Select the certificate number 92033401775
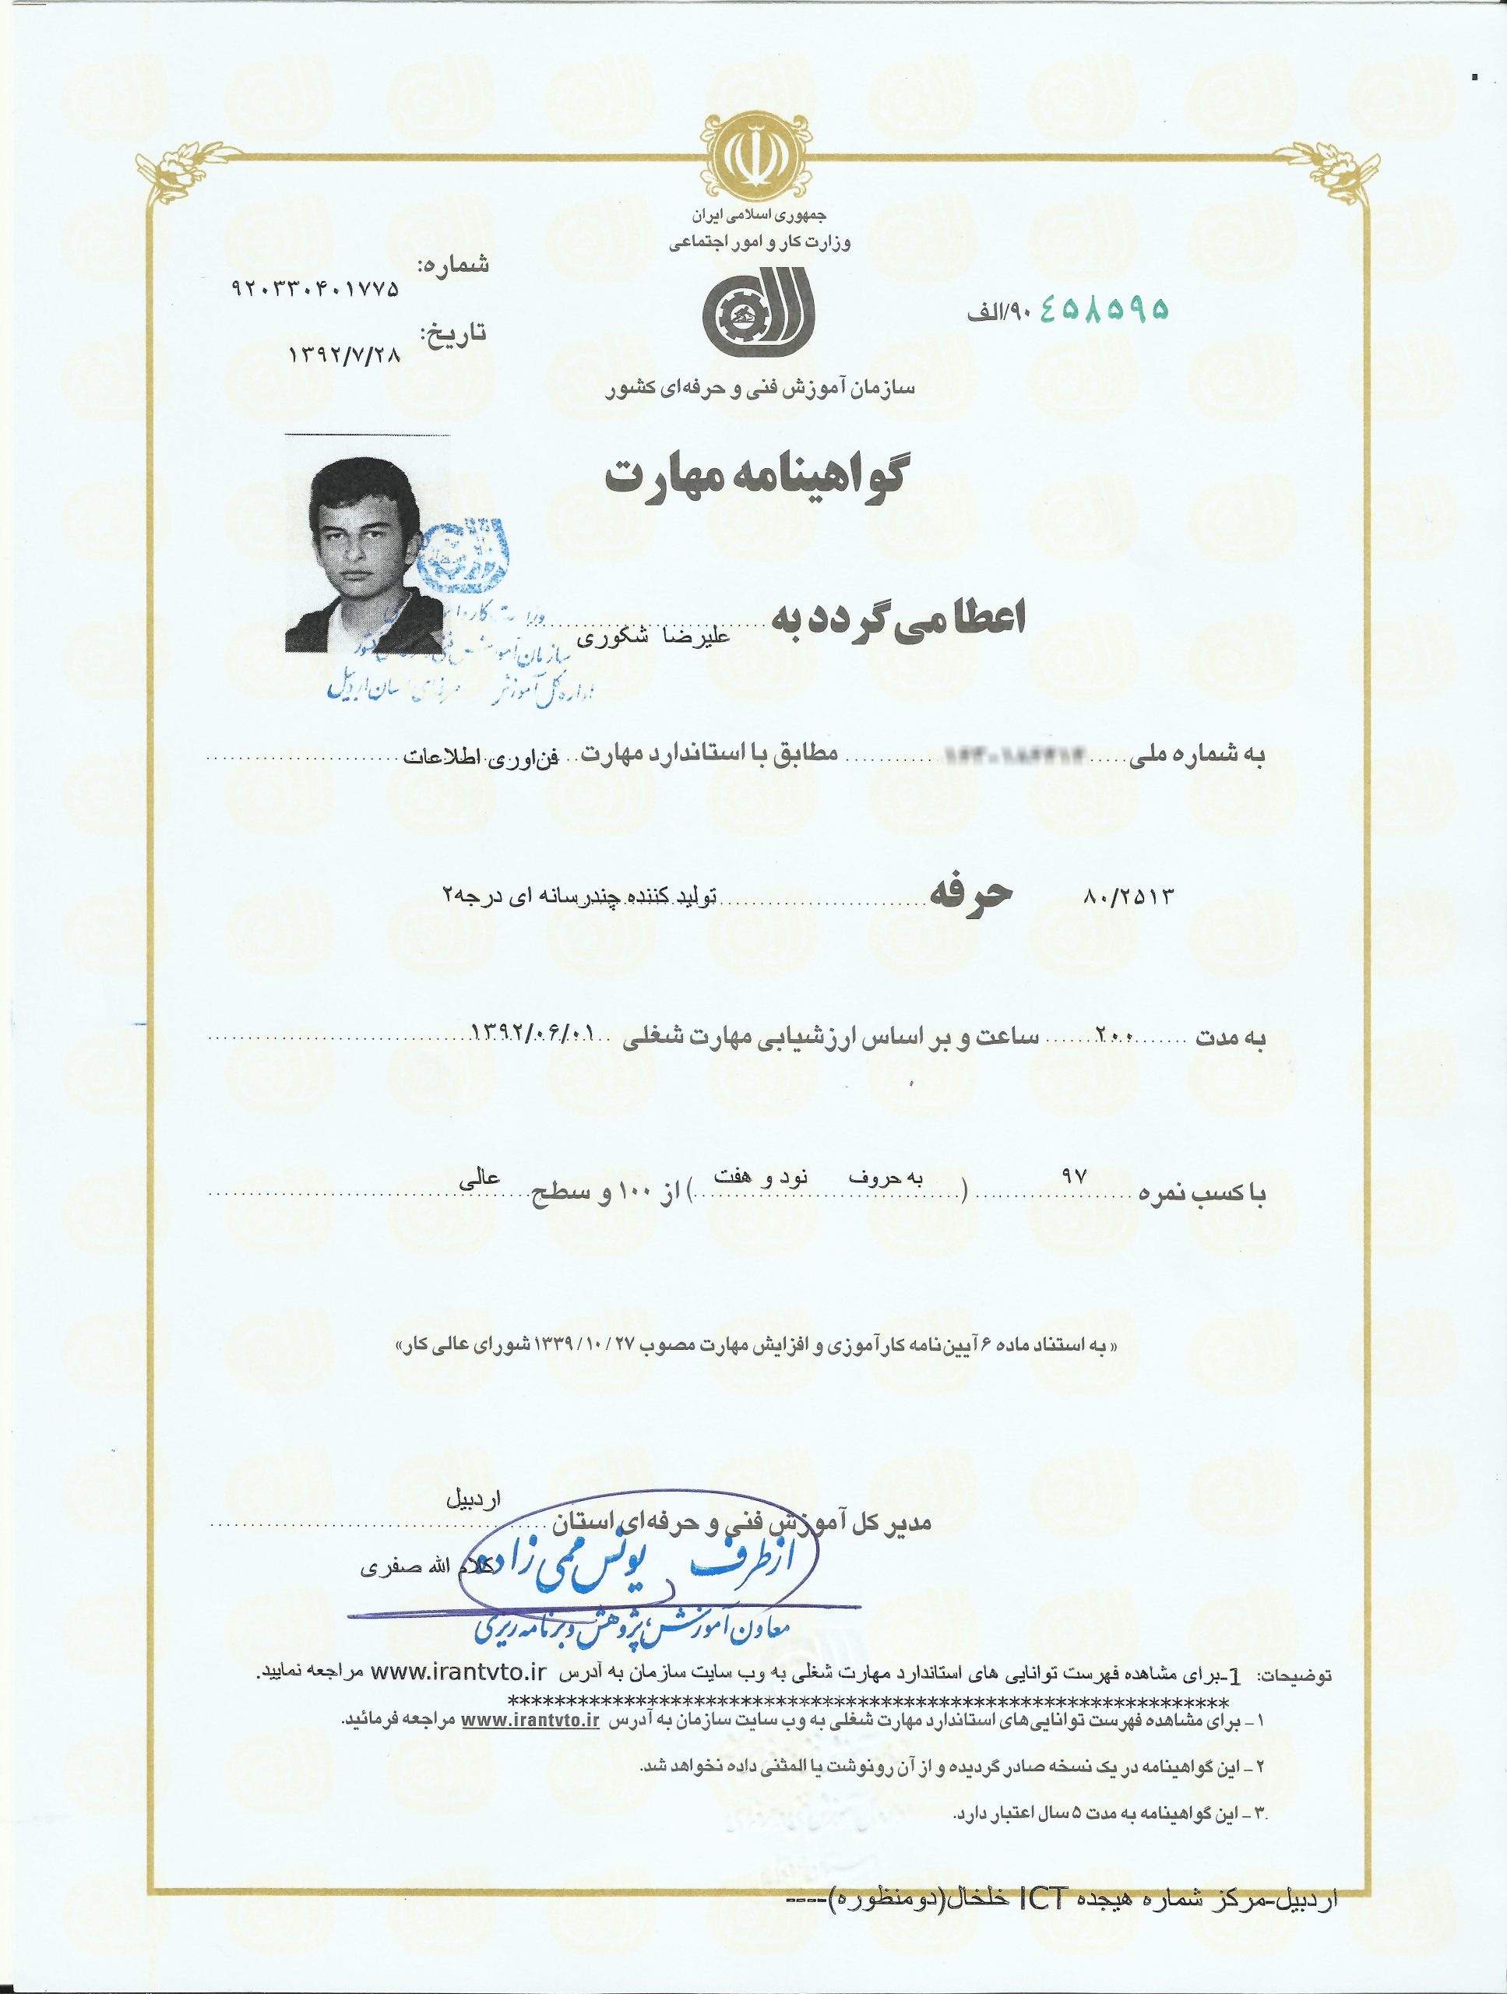[x=315, y=291]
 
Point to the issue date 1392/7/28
[x=343, y=354]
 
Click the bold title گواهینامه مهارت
[x=755, y=476]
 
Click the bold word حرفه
[x=972, y=893]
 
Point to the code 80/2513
[x=1128, y=897]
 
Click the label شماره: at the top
[x=453, y=265]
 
